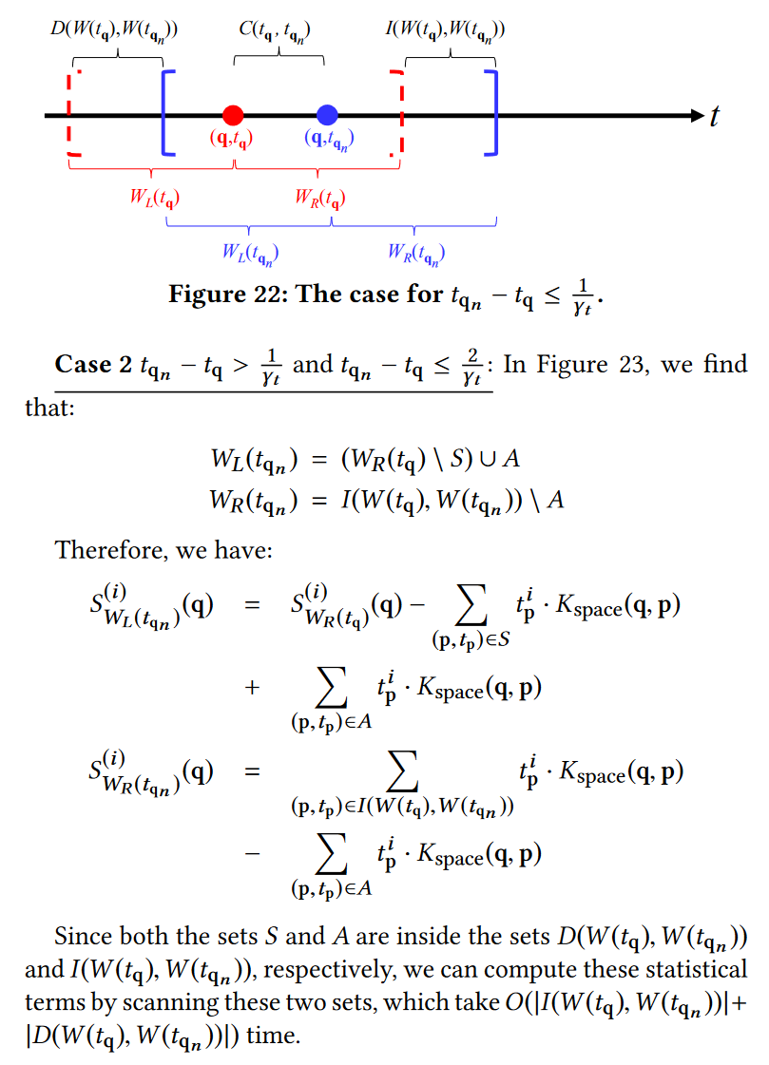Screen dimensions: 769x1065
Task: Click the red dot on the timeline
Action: [x=233, y=115]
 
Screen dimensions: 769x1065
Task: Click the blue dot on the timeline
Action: [x=328, y=115]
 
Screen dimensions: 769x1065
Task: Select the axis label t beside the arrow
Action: [x=715, y=117]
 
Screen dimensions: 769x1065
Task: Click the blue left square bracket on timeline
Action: [x=167, y=111]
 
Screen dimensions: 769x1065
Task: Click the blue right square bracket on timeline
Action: [x=491, y=111]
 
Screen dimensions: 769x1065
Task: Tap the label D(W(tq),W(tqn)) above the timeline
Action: [x=114, y=29]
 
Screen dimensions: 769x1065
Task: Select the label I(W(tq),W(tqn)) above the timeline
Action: [x=444, y=29]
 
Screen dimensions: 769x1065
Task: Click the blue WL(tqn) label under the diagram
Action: [x=249, y=253]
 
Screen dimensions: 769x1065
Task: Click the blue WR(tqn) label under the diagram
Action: [x=415, y=253]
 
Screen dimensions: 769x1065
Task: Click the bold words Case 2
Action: [x=93, y=365]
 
